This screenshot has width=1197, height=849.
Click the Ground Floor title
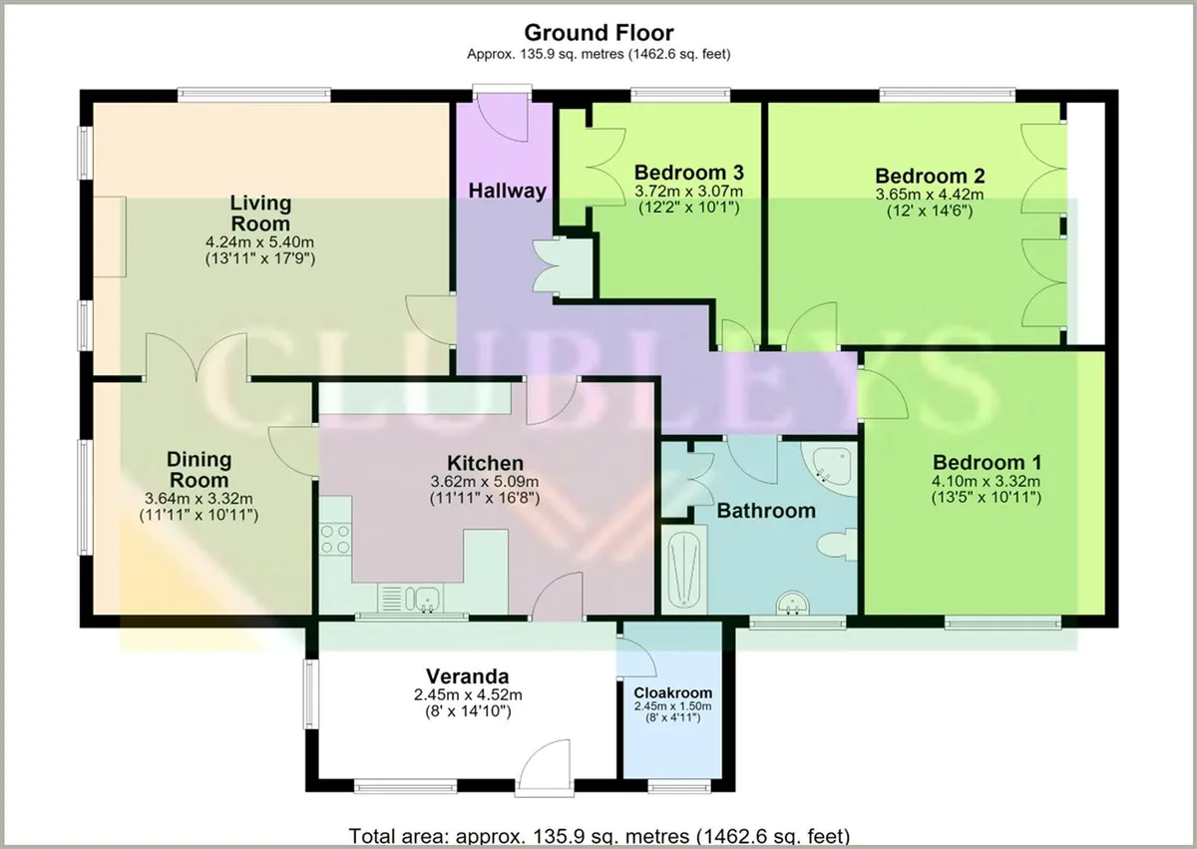(x=598, y=33)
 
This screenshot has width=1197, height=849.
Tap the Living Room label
(x=260, y=212)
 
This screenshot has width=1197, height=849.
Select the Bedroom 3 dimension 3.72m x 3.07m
(x=689, y=191)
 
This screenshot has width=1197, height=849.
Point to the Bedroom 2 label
(x=930, y=176)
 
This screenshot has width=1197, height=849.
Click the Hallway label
(x=507, y=191)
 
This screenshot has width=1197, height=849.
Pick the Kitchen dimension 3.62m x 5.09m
(x=485, y=482)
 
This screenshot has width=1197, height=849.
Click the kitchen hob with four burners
(x=335, y=539)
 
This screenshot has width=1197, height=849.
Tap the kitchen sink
(x=423, y=599)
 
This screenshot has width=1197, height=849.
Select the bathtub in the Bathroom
(x=684, y=570)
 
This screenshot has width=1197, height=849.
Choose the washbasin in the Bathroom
(x=792, y=603)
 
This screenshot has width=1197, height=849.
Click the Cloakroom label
(x=672, y=692)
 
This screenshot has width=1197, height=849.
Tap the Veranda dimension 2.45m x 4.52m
(x=468, y=695)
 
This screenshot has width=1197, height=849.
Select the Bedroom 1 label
(x=987, y=462)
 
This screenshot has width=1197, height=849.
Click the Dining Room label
(x=199, y=470)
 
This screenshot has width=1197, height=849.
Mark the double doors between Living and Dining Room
(x=197, y=356)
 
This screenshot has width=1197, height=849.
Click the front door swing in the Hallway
(x=503, y=118)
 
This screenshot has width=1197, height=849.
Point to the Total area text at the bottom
(x=599, y=836)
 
